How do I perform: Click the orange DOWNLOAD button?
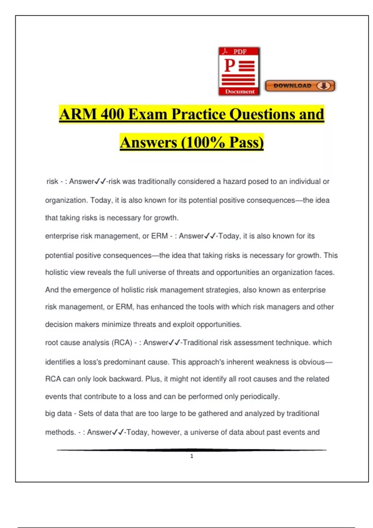[x=300, y=86]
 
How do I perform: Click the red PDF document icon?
[x=239, y=71]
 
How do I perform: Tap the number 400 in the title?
[x=112, y=114]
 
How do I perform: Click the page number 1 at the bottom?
[x=192, y=456]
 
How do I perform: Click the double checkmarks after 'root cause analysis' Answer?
[x=174, y=343]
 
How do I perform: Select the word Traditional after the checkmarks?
[x=200, y=343]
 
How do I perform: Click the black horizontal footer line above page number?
[x=192, y=450]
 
